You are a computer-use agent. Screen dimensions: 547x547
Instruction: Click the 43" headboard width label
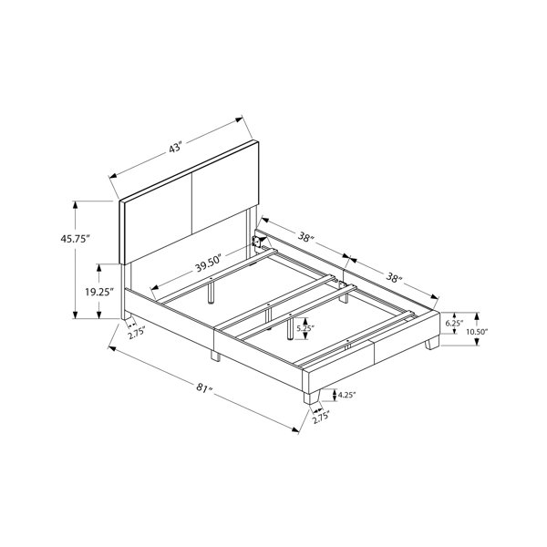(x=176, y=147)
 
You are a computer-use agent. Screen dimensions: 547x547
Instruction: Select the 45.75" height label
(x=76, y=239)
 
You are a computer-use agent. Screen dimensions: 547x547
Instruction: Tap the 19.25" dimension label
(x=99, y=292)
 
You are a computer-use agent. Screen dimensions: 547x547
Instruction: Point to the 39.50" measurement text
(x=209, y=263)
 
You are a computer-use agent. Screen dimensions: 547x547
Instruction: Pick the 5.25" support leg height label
(x=305, y=328)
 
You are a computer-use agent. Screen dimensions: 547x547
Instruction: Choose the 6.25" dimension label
(x=454, y=323)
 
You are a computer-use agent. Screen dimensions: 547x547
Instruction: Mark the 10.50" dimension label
(x=477, y=332)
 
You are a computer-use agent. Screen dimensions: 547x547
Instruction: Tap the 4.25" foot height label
(x=346, y=395)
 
